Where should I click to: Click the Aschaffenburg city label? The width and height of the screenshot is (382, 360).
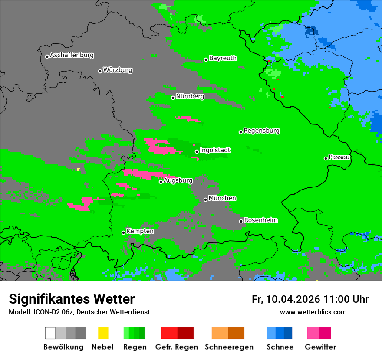(x=72, y=56)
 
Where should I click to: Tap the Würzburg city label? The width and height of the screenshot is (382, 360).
(x=118, y=70)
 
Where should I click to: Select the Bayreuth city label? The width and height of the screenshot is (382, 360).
(x=223, y=59)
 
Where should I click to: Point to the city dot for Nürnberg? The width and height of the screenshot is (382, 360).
(x=173, y=98)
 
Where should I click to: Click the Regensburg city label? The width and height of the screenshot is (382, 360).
(x=261, y=131)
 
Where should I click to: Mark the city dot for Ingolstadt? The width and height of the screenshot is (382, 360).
(x=197, y=151)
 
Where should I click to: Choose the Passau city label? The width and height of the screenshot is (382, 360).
(x=339, y=157)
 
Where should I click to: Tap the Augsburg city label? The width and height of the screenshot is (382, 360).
(x=178, y=181)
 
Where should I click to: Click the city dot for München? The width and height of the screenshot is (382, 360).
(x=205, y=200)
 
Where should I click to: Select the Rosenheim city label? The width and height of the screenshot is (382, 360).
(x=260, y=220)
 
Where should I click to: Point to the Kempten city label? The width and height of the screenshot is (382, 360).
(x=140, y=231)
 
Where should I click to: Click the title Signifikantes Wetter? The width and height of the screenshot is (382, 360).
(x=72, y=299)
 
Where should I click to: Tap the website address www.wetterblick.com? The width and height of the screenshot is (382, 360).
(x=313, y=312)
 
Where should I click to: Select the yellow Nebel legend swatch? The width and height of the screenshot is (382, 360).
(x=103, y=333)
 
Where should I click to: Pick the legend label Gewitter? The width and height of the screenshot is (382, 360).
(x=320, y=347)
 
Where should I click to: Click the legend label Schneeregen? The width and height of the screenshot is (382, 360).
(x=229, y=347)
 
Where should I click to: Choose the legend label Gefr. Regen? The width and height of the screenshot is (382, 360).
(x=177, y=347)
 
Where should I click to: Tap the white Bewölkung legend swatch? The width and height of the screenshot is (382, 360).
(x=50, y=333)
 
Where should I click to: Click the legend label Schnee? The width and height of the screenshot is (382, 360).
(x=280, y=347)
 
